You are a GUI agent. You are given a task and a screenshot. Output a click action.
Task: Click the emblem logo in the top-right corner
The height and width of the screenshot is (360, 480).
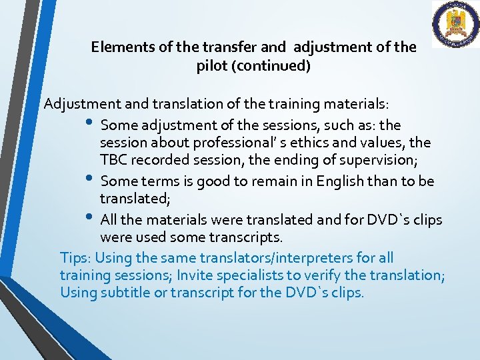(455, 25)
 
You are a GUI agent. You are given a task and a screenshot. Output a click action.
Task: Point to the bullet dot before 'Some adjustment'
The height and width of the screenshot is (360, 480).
(91, 123)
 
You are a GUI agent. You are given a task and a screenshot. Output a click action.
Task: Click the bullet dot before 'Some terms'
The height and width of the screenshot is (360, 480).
(91, 179)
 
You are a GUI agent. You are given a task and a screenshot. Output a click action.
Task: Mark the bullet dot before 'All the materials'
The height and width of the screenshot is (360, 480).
(91, 217)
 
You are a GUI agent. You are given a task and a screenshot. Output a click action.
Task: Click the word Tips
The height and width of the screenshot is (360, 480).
(75, 257)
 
